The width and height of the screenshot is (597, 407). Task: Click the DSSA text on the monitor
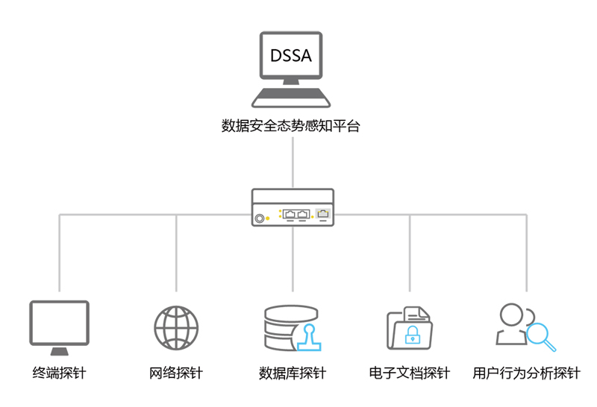291,55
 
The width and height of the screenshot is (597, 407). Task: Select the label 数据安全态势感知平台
291,126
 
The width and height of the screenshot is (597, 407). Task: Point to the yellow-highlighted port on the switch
322,215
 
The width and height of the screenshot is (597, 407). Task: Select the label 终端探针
59,373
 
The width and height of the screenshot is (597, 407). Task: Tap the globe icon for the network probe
176,327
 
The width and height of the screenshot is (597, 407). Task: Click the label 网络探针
176,373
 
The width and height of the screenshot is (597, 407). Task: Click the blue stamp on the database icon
307,338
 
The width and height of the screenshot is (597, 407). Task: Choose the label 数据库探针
293,373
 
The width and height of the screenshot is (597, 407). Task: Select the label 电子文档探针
410,373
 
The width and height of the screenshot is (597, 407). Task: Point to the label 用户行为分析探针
527,373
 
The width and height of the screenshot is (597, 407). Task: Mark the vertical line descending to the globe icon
176,253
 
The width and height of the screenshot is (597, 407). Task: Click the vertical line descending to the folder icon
410,253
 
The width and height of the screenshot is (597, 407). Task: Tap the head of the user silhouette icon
512,315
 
